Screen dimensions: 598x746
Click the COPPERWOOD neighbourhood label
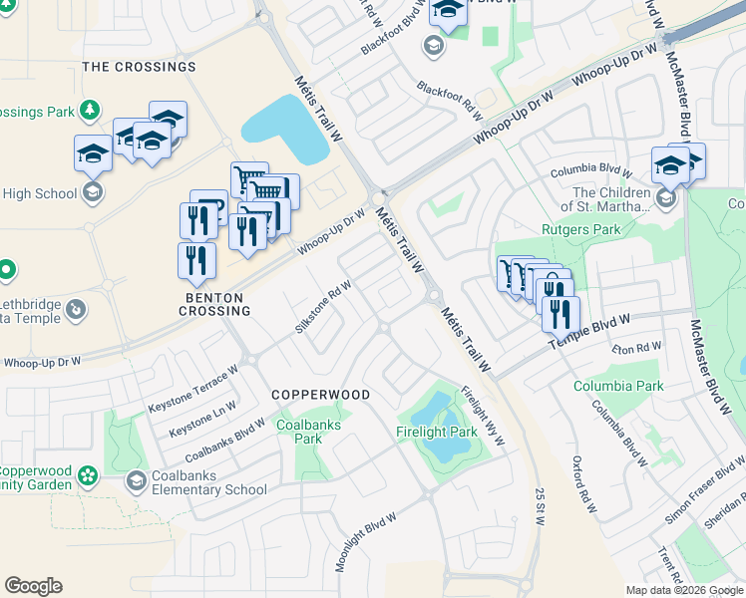pos(320,395)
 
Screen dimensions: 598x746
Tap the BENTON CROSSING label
pos(214,304)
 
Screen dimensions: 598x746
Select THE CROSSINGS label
pos(139,67)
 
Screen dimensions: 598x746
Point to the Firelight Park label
pos(437,433)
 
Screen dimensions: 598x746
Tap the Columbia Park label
pos(618,386)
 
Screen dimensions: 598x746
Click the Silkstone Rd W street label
pos(324,308)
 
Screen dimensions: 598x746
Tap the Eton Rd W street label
pos(637,348)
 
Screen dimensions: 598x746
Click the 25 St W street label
pos(539,507)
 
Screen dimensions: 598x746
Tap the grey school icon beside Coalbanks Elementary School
pos(136,482)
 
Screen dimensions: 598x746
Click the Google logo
pos(33,586)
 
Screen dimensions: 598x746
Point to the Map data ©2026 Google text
pos(684,590)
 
